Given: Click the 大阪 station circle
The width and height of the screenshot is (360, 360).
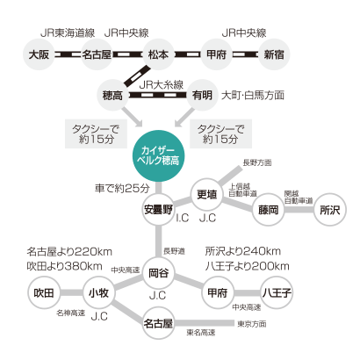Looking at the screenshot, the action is [39, 54].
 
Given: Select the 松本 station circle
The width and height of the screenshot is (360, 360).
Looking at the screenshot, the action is [158, 54].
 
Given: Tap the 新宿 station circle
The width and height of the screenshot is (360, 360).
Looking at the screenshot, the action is [274, 54].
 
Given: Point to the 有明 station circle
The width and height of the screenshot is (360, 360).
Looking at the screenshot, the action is [202, 95].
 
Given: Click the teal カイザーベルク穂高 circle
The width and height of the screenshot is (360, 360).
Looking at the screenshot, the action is [158, 156].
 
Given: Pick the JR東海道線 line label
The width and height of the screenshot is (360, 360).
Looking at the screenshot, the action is [68, 32].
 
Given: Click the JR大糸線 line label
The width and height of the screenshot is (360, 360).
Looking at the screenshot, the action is [162, 85].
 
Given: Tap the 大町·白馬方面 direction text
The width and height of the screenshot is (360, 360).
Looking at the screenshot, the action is [253, 95].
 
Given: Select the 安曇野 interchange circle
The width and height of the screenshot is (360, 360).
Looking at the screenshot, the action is [158, 210].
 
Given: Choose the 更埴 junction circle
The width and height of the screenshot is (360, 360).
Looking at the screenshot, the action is [206, 194].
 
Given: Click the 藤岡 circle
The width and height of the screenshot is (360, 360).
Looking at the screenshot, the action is [268, 210].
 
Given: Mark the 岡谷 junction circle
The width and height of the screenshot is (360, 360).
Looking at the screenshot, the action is [158, 273].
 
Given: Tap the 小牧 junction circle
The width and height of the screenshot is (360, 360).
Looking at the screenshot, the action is [98, 292].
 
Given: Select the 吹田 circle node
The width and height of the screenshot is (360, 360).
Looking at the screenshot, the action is [44, 292].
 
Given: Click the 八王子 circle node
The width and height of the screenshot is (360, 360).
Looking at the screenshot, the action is [277, 292].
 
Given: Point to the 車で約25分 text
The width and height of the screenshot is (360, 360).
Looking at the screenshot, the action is [122, 188].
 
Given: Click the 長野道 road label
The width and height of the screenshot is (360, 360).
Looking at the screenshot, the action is [174, 251].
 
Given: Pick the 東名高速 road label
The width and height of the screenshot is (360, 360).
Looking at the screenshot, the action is [201, 332].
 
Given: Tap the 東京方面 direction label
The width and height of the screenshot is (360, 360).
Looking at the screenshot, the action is [252, 324].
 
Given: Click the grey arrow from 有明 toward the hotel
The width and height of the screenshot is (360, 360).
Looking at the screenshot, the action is [184, 118].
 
